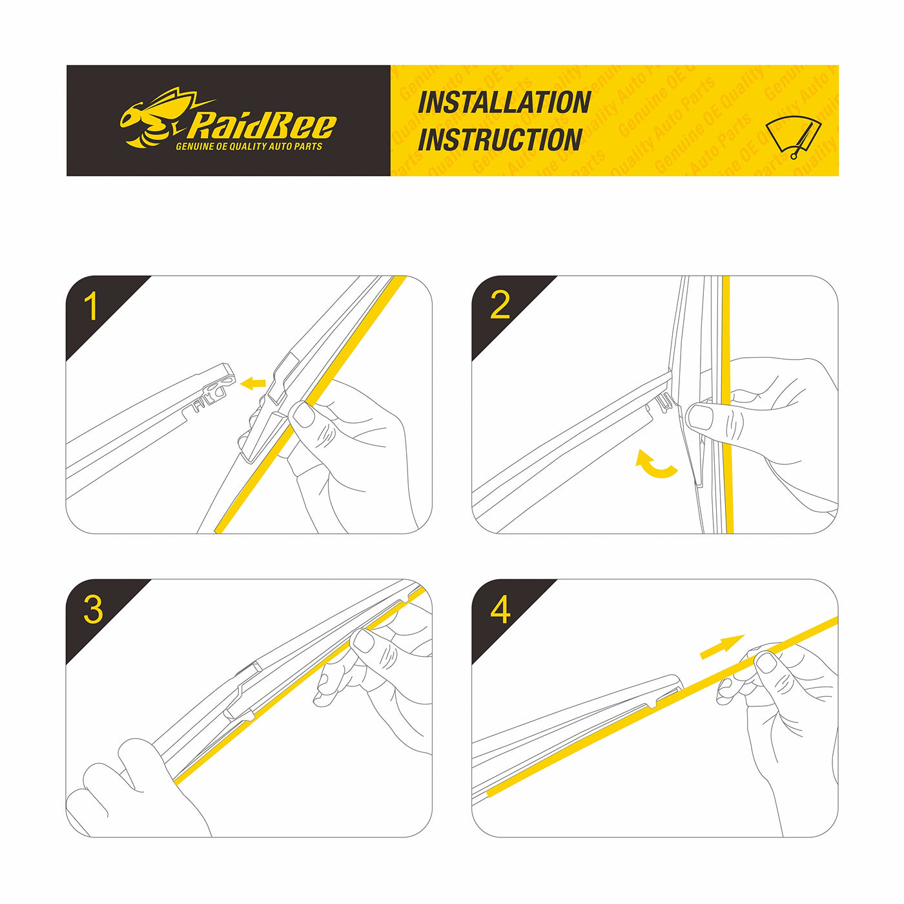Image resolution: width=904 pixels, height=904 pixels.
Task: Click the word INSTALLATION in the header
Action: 504,102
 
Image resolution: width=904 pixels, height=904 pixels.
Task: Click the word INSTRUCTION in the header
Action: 500,139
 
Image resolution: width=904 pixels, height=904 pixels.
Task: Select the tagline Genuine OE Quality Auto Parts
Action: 249,147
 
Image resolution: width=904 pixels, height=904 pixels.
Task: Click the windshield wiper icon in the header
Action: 794,137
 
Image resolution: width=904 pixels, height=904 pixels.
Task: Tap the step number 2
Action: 499,305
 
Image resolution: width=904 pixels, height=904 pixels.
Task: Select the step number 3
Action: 93,610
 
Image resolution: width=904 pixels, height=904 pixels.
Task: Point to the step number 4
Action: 500,610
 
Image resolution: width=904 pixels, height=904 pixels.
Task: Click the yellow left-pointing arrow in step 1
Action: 252,384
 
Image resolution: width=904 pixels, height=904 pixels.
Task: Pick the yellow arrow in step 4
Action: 722,647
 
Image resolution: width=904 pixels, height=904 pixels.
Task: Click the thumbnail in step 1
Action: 303,415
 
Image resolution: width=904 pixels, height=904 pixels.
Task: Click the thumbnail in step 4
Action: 766,663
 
